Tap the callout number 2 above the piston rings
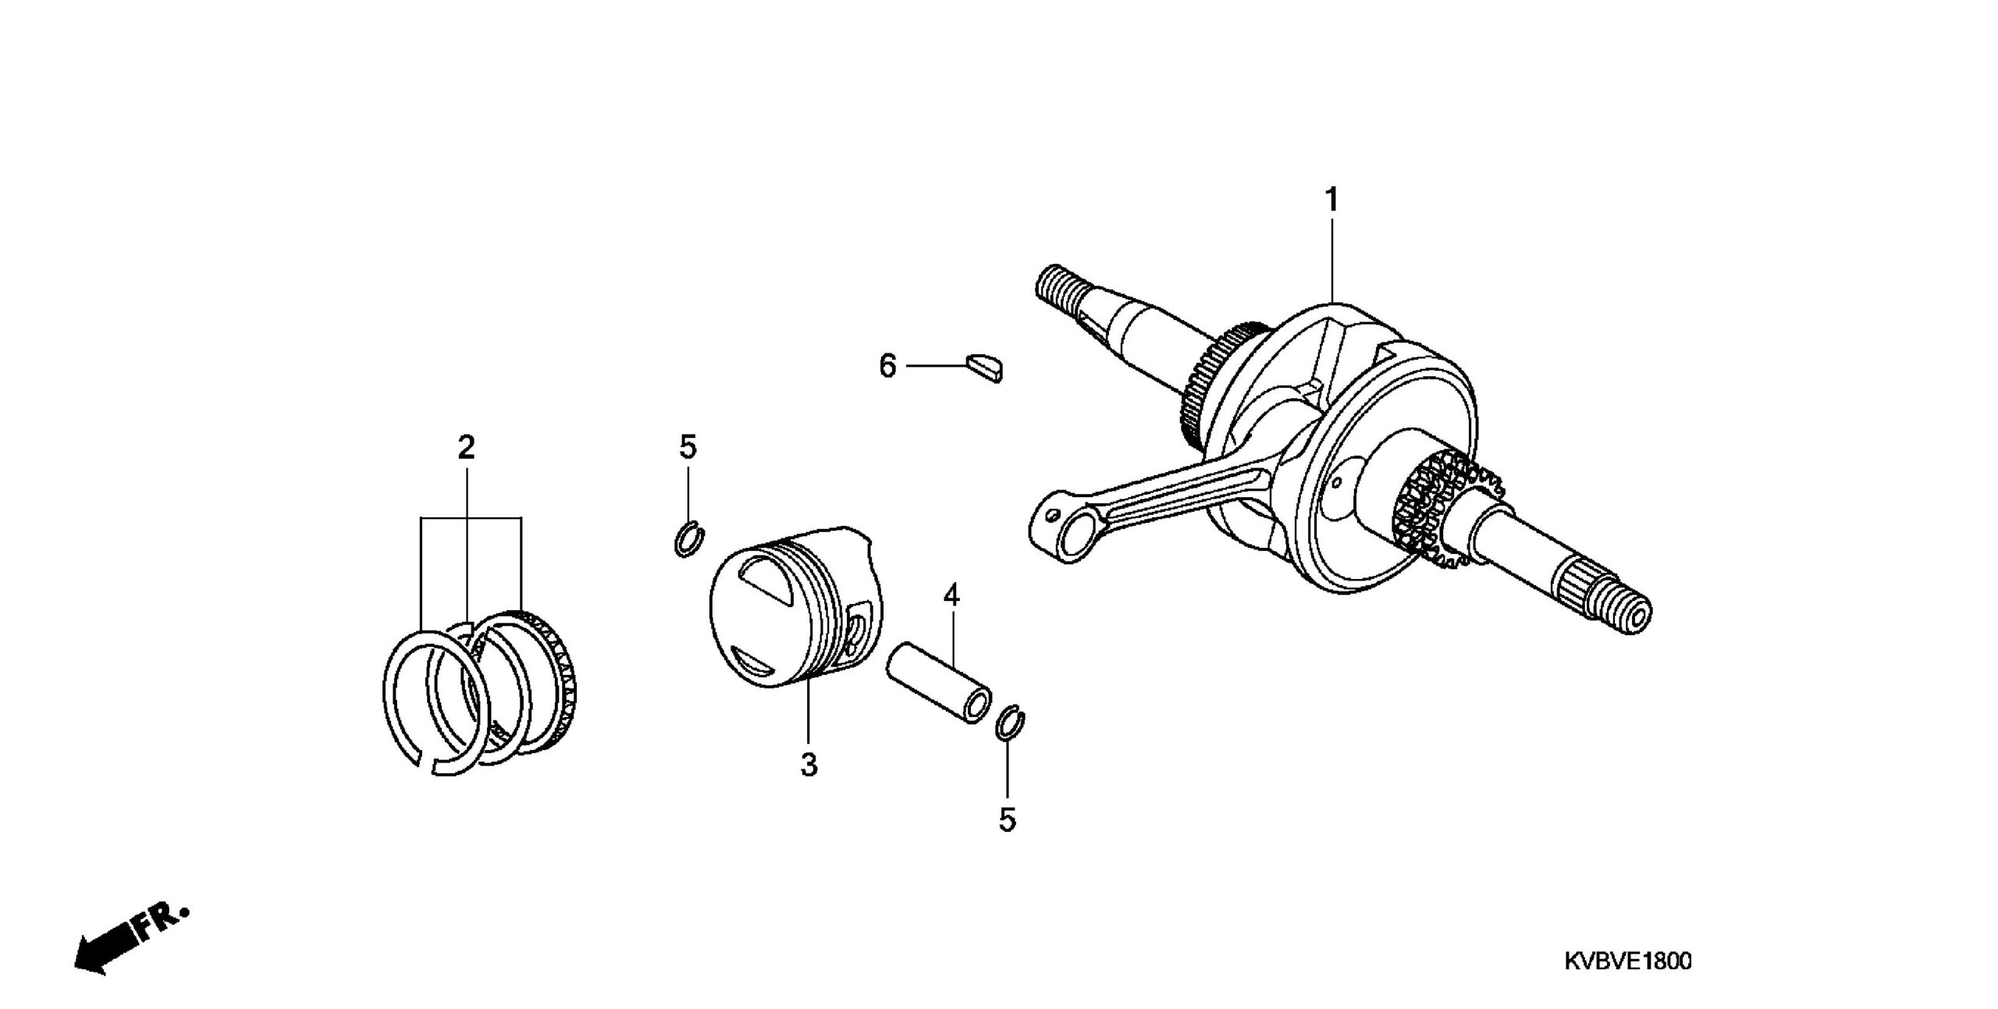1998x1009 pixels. point(466,447)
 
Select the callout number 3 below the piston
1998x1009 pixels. point(809,765)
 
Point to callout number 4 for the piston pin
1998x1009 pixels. point(951,595)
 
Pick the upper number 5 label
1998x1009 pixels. point(687,447)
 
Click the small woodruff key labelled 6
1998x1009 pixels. point(984,368)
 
